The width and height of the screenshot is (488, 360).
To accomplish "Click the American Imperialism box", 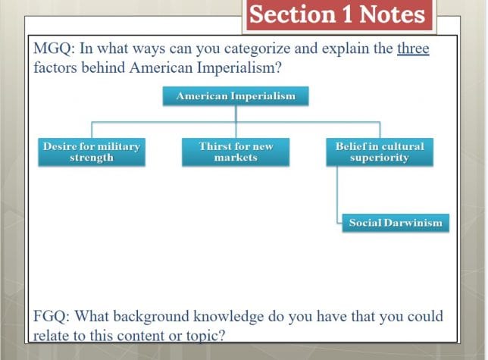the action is (x=236, y=96).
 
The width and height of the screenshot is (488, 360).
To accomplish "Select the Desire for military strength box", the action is (x=92, y=152).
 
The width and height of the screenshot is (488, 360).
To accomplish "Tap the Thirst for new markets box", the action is (x=236, y=152).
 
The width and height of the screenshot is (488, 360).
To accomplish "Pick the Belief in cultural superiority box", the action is (x=380, y=152).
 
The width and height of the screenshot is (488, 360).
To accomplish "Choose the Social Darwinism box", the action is (x=396, y=223).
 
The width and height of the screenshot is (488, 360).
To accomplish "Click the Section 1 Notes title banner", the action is (x=339, y=15).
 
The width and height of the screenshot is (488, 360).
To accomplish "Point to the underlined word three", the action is (x=413, y=49).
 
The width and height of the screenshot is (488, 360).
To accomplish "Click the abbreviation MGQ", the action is (x=54, y=49).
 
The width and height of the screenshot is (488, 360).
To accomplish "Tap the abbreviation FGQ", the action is (x=54, y=317).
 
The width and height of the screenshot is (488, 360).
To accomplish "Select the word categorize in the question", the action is (x=257, y=49).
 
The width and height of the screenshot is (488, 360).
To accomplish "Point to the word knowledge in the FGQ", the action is (x=228, y=317).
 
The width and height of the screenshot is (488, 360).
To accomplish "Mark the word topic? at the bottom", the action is (x=205, y=336).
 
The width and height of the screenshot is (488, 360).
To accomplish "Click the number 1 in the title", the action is (x=347, y=15).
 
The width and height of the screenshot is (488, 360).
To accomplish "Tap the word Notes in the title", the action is (x=393, y=15).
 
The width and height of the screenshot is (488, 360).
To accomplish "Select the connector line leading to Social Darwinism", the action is (x=337, y=195).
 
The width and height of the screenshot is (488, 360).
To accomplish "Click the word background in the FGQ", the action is (x=151, y=317).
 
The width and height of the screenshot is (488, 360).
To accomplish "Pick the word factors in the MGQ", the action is (x=55, y=67).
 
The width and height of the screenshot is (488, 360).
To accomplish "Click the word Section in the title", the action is (x=292, y=15).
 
